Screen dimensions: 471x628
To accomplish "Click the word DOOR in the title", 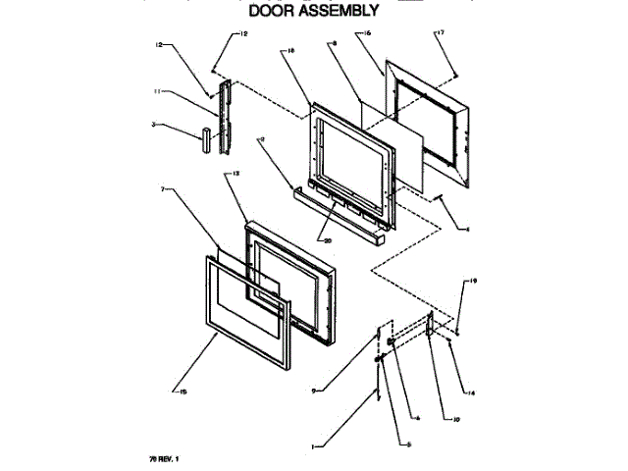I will (277, 11).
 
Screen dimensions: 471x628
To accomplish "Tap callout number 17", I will (440, 33).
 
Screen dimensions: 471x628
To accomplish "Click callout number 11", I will (156, 91).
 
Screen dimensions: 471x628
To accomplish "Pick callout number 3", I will (155, 125).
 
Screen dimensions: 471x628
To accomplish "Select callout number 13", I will (235, 174).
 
